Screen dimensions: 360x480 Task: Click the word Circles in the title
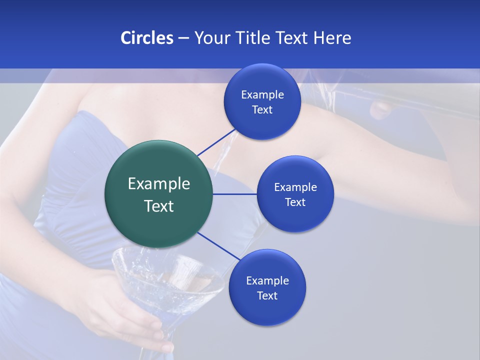(146, 38)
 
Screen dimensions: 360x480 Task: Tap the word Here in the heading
(332, 38)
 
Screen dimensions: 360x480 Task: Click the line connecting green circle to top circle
(216, 142)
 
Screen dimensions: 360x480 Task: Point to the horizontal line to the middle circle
(234, 194)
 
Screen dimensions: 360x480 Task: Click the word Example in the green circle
(158, 184)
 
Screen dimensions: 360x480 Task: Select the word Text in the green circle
(158, 206)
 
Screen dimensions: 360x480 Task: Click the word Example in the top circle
(262, 95)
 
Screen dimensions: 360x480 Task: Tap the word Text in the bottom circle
(267, 296)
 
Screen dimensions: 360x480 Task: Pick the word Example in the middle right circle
(295, 187)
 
